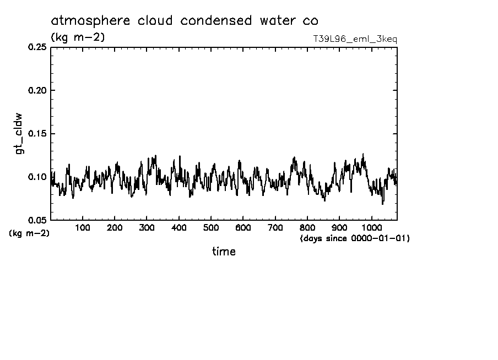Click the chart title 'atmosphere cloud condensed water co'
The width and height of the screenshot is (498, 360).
[184, 21]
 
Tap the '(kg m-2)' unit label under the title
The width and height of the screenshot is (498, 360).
[78, 37]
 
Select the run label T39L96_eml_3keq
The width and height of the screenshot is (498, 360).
[354, 39]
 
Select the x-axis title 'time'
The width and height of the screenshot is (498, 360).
[224, 252]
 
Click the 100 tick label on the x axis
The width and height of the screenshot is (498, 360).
[83, 227]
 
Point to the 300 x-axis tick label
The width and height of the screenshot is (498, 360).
[147, 227]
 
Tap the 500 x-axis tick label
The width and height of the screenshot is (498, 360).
[211, 227]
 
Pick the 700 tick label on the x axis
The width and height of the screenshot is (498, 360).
[275, 227]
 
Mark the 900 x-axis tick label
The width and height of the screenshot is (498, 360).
[339, 227]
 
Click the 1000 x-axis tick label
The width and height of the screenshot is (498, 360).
[371, 227]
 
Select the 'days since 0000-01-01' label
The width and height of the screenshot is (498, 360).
[355, 239]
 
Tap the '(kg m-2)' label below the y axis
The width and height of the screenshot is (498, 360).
[29, 233]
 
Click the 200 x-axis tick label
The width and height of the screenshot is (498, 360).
[115, 227]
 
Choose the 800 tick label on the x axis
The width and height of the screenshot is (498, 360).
[307, 227]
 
